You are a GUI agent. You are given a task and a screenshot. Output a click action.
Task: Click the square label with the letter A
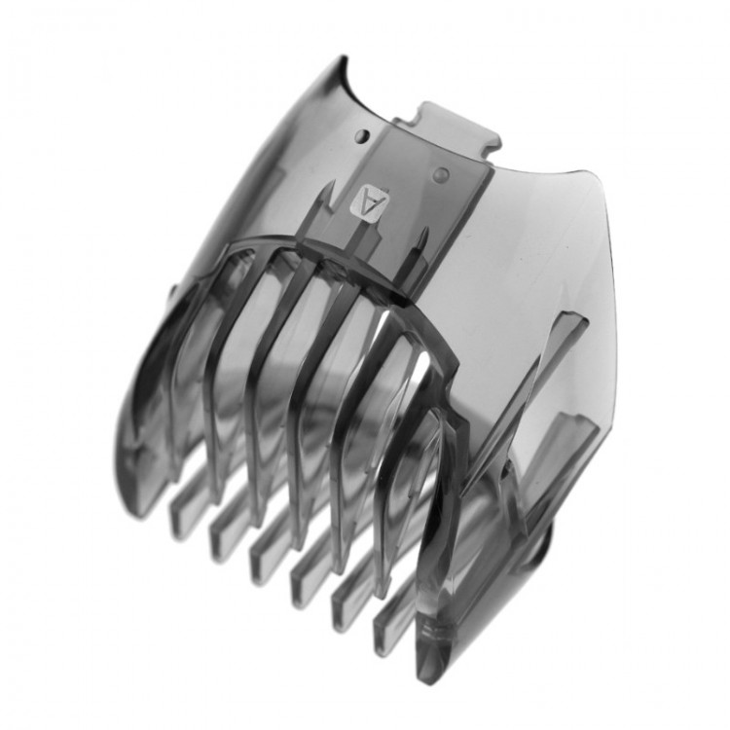(x=369, y=201)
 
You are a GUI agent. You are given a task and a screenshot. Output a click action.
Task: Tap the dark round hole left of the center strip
(x=363, y=136)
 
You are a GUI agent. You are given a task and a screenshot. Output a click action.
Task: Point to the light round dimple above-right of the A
(x=440, y=174)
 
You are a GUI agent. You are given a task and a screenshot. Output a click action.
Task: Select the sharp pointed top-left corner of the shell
(x=345, y=57)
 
